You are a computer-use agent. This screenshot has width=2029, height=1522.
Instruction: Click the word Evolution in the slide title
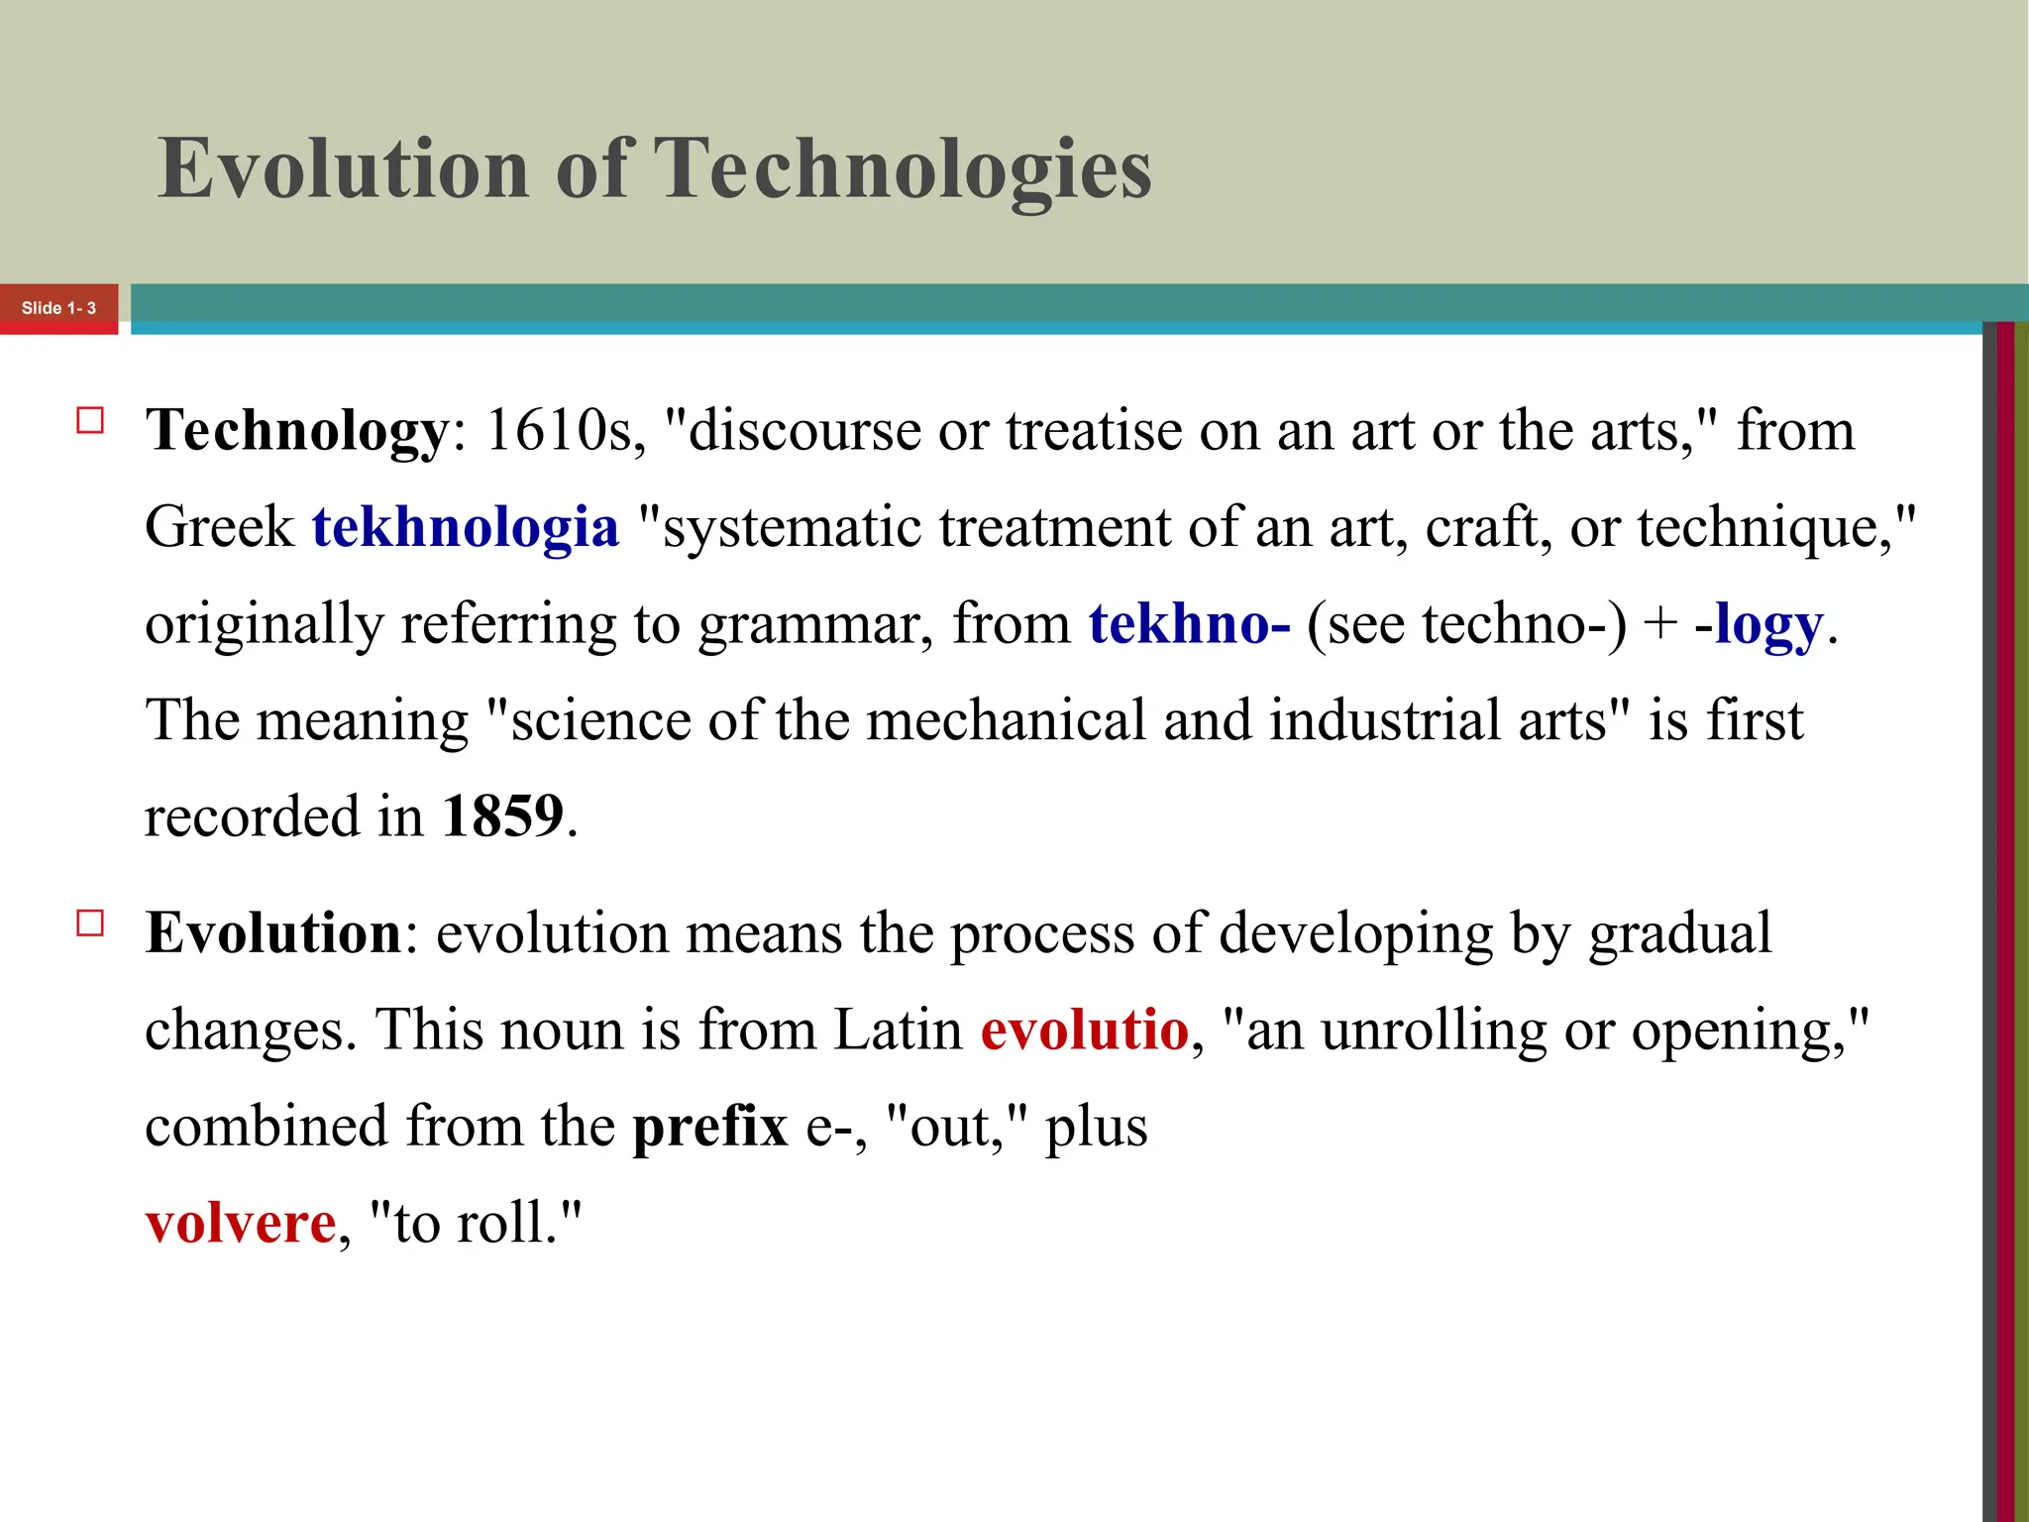coord(343,168)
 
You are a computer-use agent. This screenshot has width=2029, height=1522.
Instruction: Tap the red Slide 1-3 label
coord(58,308)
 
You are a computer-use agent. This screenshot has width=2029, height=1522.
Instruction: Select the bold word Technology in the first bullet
coord(297,432)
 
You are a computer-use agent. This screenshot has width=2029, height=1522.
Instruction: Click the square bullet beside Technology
coord(90,421)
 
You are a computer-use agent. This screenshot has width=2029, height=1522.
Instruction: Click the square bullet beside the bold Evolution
coord(90,924)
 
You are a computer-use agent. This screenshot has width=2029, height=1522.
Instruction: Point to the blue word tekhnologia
coord(466,527)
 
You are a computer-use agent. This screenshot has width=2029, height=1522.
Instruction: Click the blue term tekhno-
coord(1189,624)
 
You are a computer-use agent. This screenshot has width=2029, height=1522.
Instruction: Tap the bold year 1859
coord(502,816)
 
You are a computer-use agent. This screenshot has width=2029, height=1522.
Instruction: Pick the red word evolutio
coord(1084,1030)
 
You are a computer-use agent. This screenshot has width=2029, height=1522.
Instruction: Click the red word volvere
coord(241,1223)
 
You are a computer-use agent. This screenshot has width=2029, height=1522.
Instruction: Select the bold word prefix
coord(710,1128)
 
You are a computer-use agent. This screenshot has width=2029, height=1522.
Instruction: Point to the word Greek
coord(219,527)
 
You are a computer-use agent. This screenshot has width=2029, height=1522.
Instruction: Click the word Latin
coord(898,1030)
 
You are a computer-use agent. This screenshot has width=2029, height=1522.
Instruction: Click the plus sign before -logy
coord(1659,624)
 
